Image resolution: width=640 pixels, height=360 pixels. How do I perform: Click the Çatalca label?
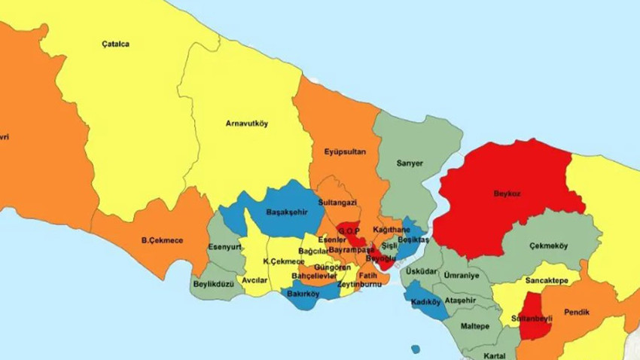115,44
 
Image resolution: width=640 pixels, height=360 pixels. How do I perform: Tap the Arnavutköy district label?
246,123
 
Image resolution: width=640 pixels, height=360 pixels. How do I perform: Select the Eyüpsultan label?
345,152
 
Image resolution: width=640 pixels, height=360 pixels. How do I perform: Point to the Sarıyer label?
410,163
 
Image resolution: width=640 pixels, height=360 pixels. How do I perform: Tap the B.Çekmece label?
162,241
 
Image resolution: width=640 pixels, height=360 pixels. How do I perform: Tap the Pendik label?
576,312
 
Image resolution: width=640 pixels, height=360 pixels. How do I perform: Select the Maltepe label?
475,326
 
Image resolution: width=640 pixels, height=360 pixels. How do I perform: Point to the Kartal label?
495,355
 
